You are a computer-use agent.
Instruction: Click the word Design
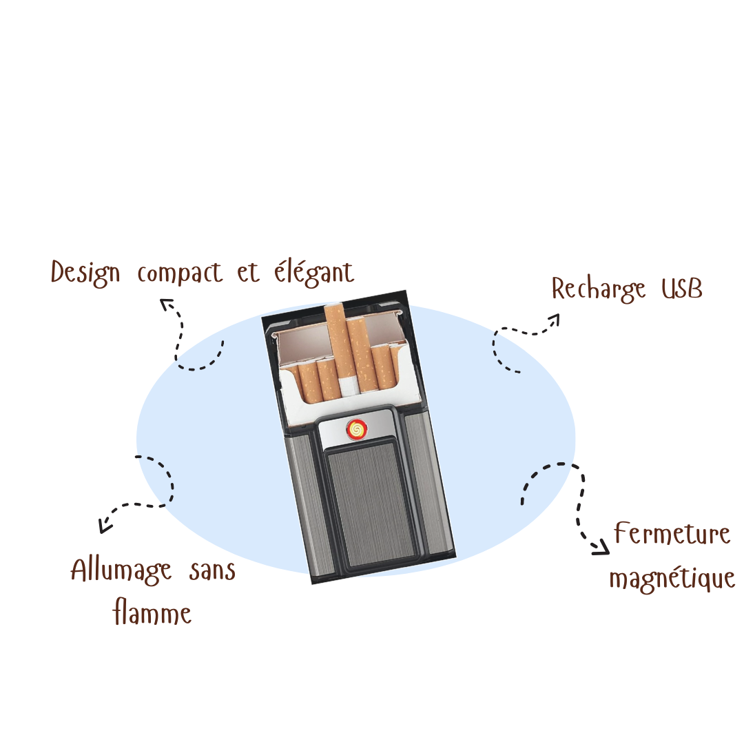pyautogui.click(x=85, y=273)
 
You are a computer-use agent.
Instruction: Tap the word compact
pyautogui.click(x=180, y=274)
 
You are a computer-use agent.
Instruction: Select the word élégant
pyautogui.click(x=314, y=273)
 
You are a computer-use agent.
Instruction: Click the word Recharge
pyautogui.click(x=599, y=289)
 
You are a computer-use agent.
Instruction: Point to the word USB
pyautogui.click(x=682, y=289)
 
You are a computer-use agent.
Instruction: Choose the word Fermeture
pyautogui.click(x=672, y=533)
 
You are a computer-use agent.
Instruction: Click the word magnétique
pyautogui.click(x=672, y=578)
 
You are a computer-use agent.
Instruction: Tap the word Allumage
pyautogui.click(x=121, y=571)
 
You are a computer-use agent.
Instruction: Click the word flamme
pyautogui.click(x=152, y=612)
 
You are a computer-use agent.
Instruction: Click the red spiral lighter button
pyautogui.click(x=357, y=429)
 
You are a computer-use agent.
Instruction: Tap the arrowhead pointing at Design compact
pyautogui.click(x=166, y=304)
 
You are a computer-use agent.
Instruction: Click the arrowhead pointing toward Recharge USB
pyautogui.click(x=554, y=320)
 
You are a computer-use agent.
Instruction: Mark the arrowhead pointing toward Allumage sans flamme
pyautogui.click(x=105, y=526)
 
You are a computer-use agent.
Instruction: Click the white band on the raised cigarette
pyautogui.click(x=347, y=387)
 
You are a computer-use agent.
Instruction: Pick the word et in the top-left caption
pyautogui.click(x=248, y=273)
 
